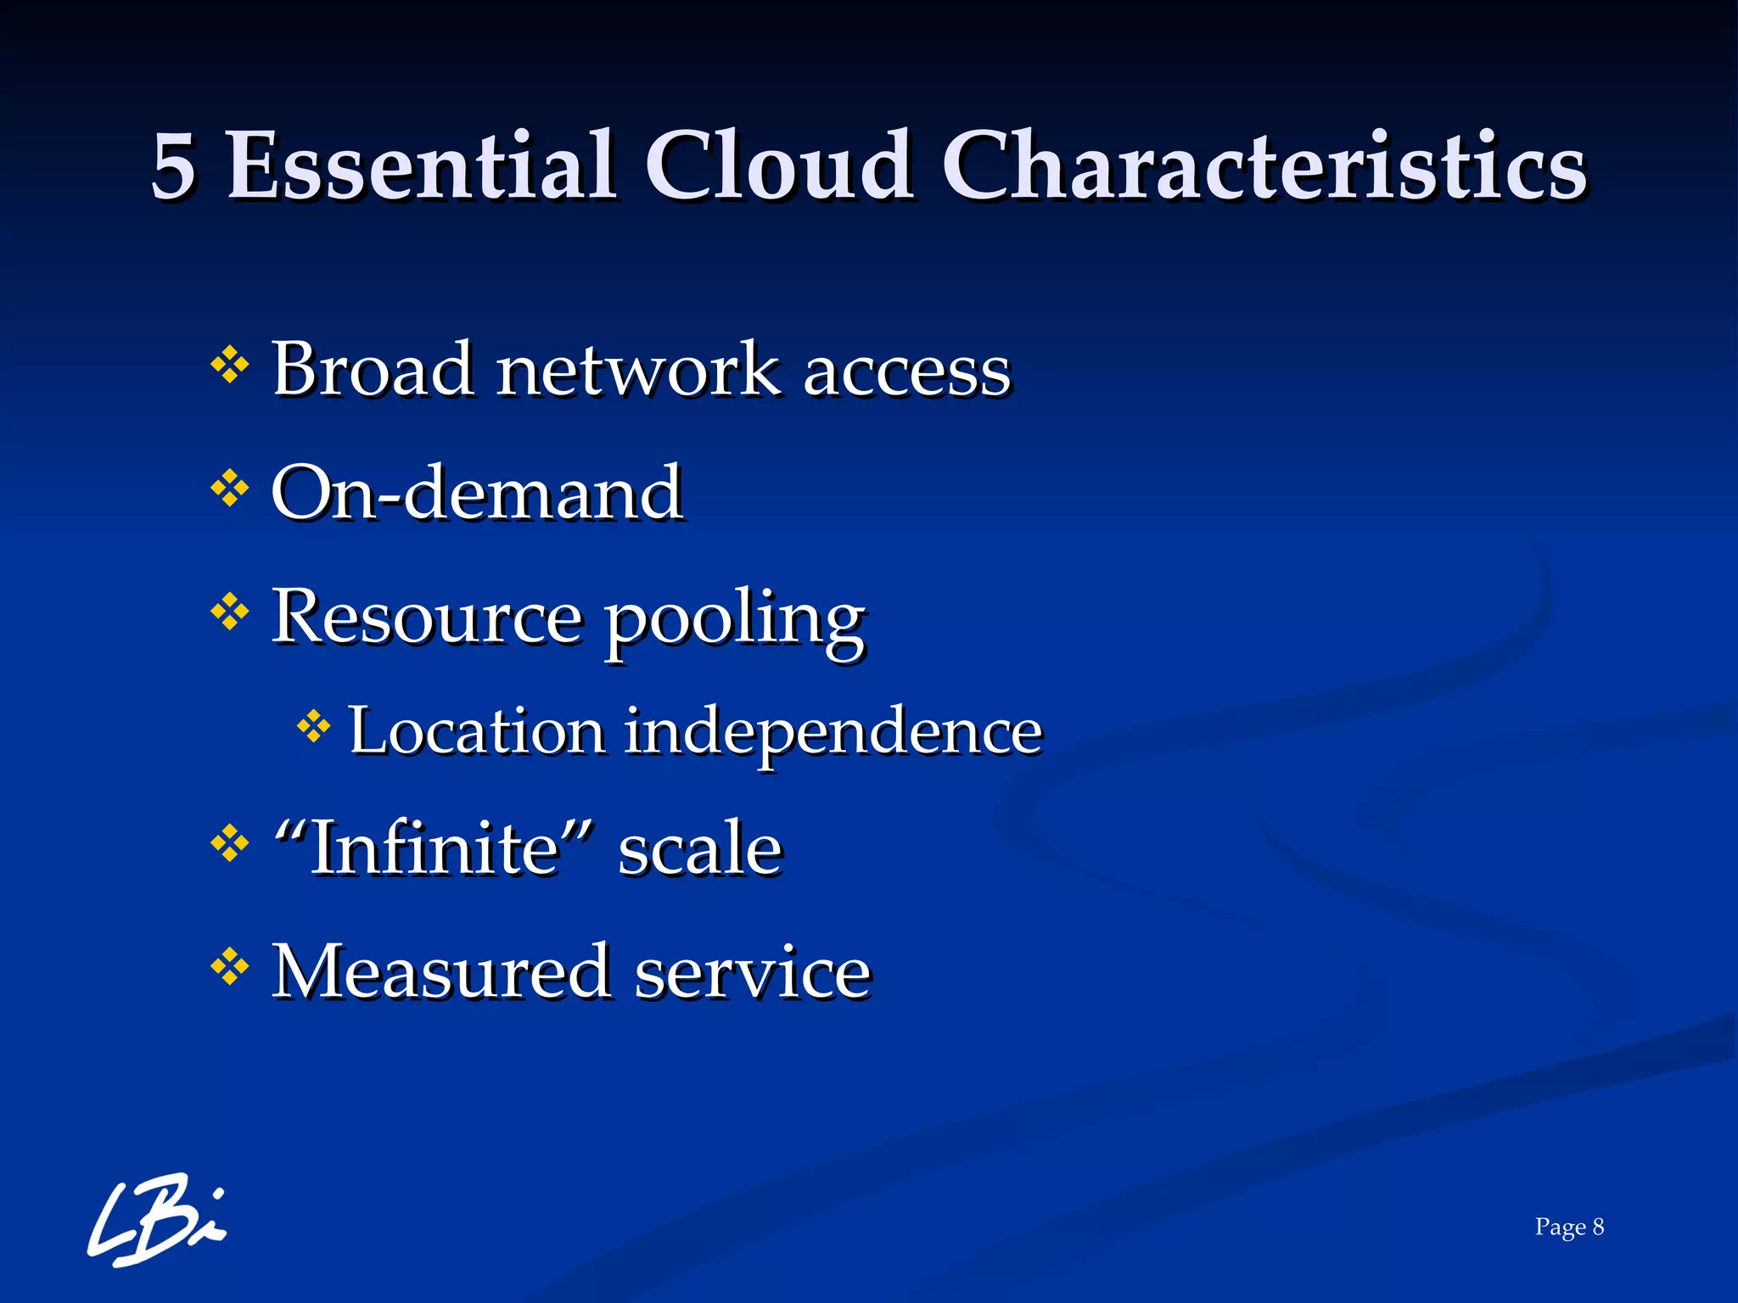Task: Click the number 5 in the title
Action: point(174,167)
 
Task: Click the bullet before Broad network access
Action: point(229,367)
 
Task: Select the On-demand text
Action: point(477,493)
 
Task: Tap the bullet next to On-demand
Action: point(229,489)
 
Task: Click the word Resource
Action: point(427,618)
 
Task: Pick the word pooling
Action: point(735,622)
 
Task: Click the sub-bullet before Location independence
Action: point(313,727)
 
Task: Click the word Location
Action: point(477,730)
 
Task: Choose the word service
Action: point(753,974)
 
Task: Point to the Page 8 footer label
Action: point(1568,1227)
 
